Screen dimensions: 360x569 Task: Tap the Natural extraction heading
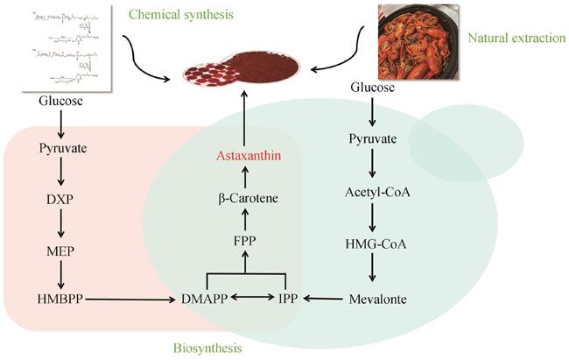(512, 38)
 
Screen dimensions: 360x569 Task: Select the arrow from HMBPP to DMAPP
(123, 299)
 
